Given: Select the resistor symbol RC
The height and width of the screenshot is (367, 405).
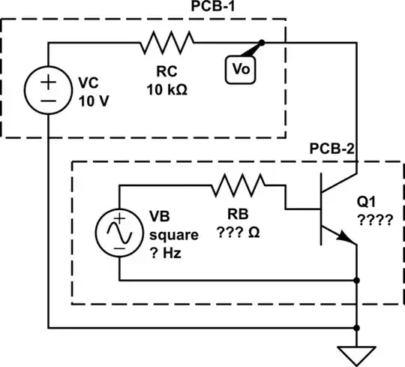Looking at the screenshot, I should [166, 43].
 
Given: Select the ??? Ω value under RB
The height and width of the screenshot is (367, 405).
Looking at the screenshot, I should [238, 233].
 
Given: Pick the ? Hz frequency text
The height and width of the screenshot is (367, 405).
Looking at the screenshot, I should [169, 251].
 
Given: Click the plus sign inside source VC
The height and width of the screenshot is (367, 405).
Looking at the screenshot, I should [47, 80].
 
